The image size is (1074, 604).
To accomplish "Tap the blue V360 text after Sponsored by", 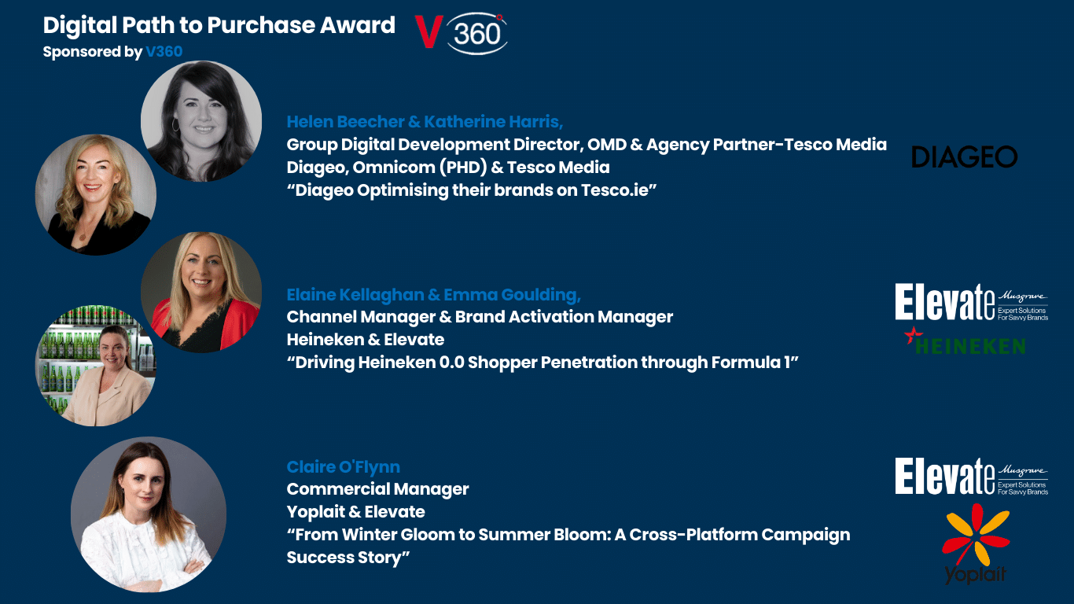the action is click(164, 51).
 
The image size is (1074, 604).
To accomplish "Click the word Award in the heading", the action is click(358, 25).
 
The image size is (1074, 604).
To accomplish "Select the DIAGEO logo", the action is click(964, 157).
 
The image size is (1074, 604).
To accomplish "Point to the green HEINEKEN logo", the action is click(965, 341).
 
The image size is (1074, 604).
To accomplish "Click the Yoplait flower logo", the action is click(975, 543).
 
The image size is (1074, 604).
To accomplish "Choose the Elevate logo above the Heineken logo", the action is click(971, 302).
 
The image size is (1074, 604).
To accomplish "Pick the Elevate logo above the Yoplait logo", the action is click(971, 476).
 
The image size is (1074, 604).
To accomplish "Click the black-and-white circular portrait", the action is click(201, 121).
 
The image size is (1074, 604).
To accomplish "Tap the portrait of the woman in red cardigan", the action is click(201, 292).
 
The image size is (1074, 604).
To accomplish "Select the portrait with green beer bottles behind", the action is click(96, 366).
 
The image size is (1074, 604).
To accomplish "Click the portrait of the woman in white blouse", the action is click(149, 514).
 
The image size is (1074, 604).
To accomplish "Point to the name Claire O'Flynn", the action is click(344, 467).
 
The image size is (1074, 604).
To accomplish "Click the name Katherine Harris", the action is click(494, 122).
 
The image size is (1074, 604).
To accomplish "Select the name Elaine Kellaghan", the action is click(355, 295).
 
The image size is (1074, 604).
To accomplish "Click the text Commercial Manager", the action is click(378, 489).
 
